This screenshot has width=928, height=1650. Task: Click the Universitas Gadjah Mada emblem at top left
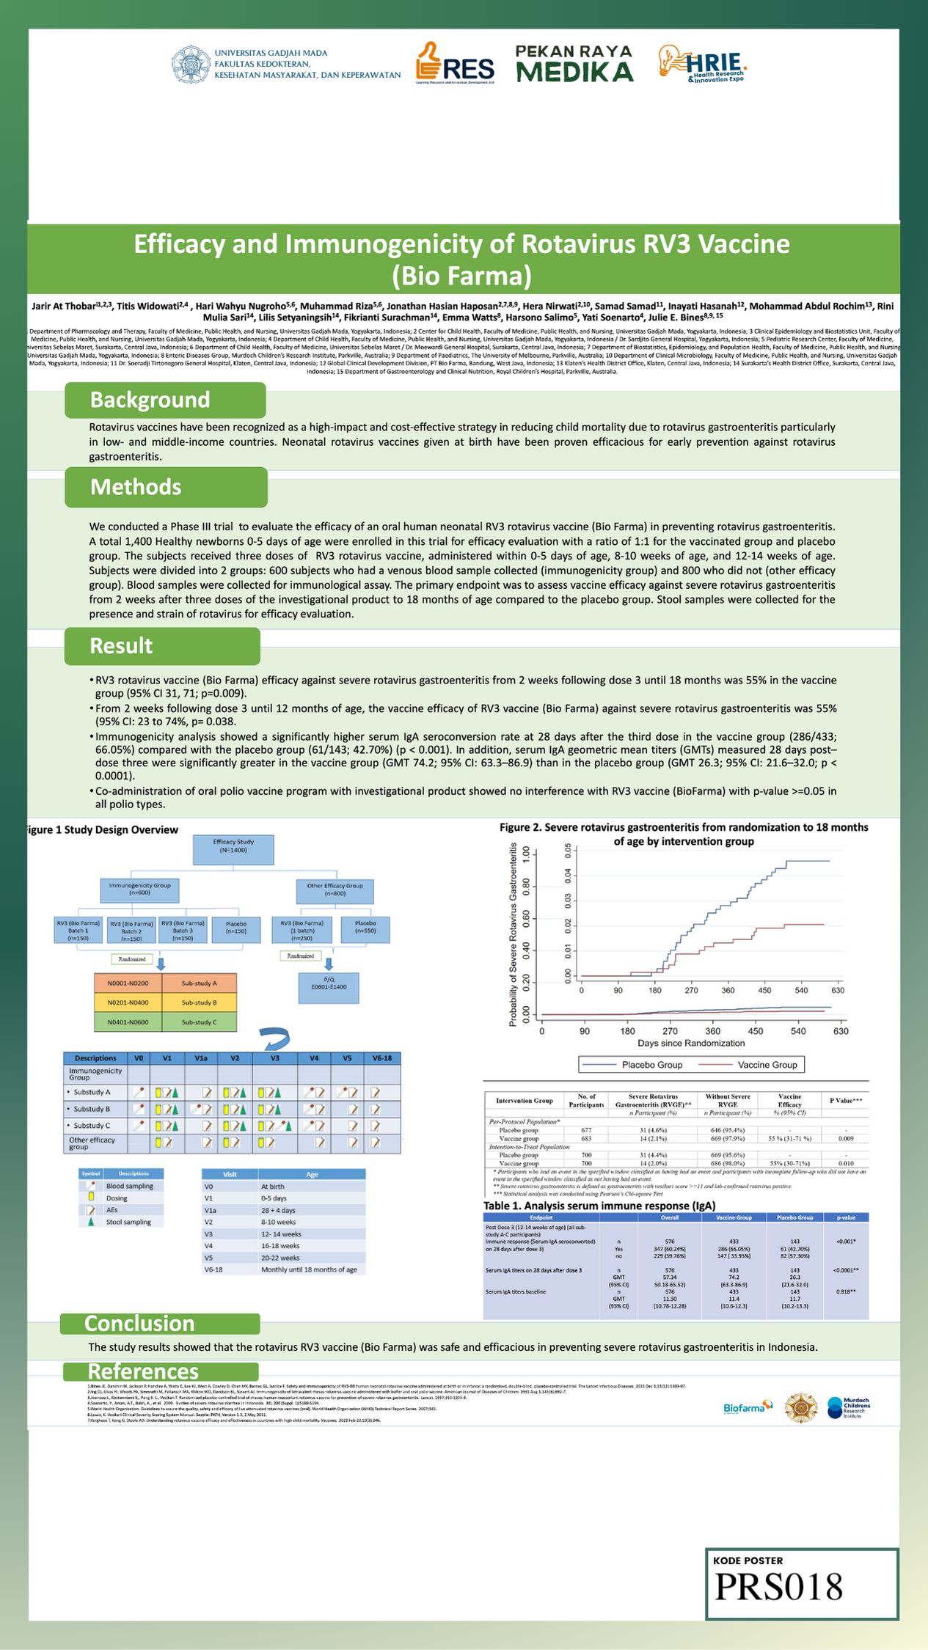click(189, 65)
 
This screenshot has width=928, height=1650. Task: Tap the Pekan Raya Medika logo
click(574, 64)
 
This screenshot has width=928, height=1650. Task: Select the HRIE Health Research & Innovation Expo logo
click(702, 64)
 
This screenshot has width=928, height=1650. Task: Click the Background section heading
click(150, 400)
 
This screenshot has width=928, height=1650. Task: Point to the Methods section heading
click(136, 487)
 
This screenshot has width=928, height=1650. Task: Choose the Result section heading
click(122, 645)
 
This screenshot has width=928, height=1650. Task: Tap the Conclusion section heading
click(139, 1323)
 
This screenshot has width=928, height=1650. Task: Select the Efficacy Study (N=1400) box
click(233, 849)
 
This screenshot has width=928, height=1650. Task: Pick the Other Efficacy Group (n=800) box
click(335, 890)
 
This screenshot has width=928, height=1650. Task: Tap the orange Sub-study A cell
click(199, 983)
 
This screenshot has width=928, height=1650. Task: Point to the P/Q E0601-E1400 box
click(329, 987)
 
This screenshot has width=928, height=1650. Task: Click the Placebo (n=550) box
click(365, 929)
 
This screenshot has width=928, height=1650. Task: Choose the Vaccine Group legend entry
click(750, 1064)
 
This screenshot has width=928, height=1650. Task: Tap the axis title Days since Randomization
click(691, 1042)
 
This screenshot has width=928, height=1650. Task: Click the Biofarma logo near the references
click(748, 1407)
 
